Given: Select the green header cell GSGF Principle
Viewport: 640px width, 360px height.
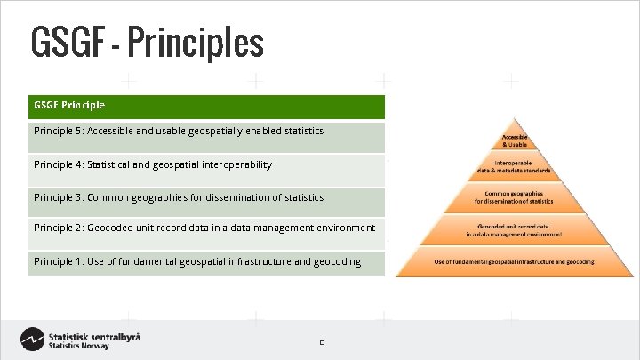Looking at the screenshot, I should pos(69,105).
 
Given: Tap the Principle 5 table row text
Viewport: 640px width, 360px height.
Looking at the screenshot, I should pos(178,132).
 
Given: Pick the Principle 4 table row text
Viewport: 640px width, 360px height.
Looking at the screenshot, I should pos(152,164).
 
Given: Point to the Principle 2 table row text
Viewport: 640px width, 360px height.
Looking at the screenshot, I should pos(204,228).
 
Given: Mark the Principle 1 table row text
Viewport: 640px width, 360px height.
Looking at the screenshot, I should pos(196,261).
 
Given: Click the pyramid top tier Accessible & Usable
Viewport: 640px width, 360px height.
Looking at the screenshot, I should pos(515,140).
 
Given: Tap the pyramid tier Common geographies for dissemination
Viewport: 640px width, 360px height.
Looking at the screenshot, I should pos(515,196).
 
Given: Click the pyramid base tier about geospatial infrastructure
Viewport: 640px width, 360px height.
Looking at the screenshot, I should pos(515,262).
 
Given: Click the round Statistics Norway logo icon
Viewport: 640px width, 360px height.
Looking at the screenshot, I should pos(32,340).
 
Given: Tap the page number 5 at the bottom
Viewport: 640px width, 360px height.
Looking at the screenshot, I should pos(322,343).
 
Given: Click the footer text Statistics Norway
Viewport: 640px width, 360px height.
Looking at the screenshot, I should pos(79,347).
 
